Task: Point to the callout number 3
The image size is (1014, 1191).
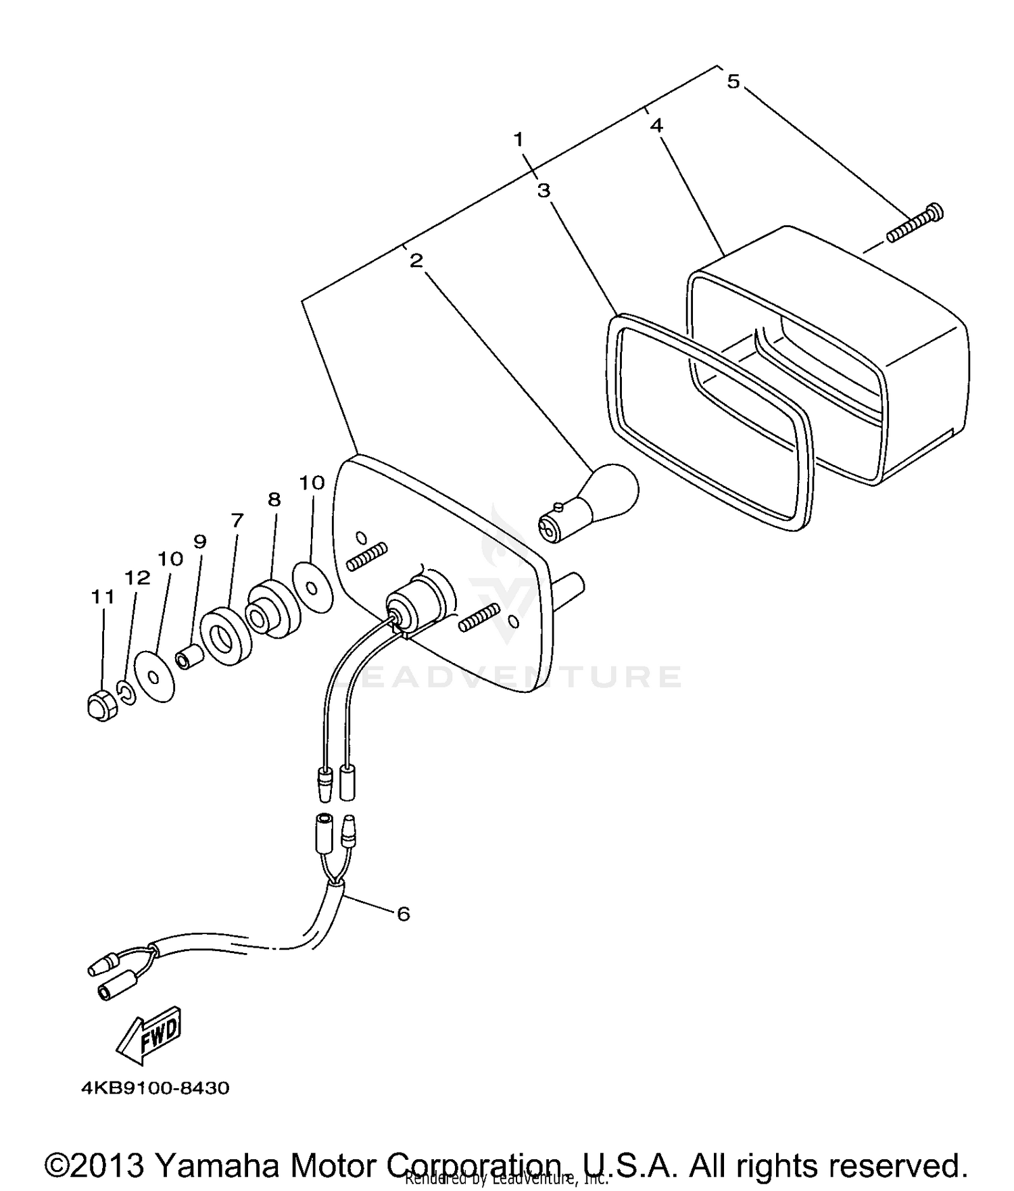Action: point(544,191)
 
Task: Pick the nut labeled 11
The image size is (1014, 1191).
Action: point(101,706)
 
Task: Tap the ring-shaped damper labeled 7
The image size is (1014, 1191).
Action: point(226,636)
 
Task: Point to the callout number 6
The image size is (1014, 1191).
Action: point(403,914)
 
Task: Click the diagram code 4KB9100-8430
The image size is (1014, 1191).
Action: point(155,1088)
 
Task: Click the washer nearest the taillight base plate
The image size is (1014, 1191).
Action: point(312,586)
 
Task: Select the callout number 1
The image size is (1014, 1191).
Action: point(518,140)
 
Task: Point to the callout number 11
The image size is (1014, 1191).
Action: point(103,597)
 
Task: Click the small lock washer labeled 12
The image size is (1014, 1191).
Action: point(126,691)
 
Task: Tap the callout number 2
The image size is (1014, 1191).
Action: point(416,260)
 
